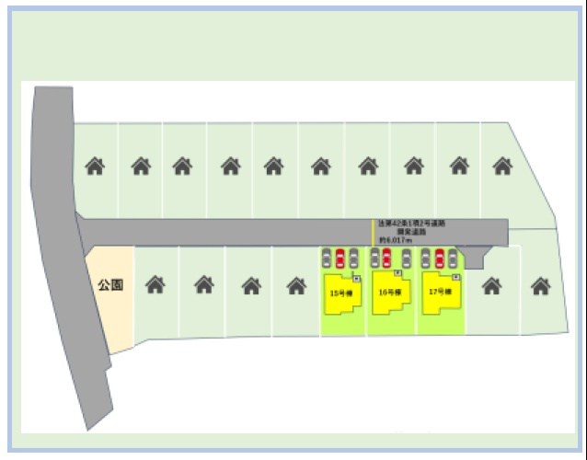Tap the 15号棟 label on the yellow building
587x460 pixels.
[337, 293]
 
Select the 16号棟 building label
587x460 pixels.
[388, 292]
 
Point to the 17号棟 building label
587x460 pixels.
[439, 292]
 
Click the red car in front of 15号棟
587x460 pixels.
[340, 259]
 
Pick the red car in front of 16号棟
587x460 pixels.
[387, 259]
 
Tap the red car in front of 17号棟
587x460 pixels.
[440, 259]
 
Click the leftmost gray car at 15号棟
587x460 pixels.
[327, 259]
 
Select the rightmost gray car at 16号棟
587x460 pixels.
[406, 259]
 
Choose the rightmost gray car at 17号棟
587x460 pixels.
[452, 259]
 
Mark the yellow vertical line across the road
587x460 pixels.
[373, 232]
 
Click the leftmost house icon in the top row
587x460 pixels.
[95, 167]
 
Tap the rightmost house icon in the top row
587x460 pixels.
[502, 167]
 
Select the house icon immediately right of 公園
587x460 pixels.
[155, 285]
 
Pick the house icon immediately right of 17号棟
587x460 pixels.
[492, 285]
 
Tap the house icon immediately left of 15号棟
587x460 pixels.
[296, 285]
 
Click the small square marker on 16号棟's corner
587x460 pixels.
[397, 273]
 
